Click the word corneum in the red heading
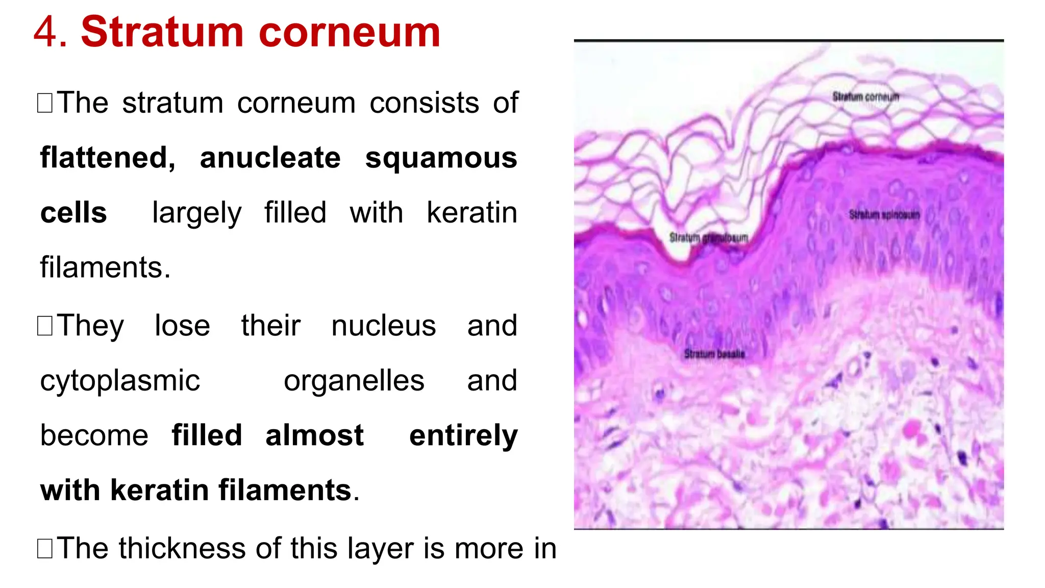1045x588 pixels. click(x=350, y=32)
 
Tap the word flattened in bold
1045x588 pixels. click(x=108, y=158)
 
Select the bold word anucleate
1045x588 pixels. click(x=270, y=158)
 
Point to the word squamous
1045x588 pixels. click(x=441, y=158)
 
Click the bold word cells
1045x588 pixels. click(x=73, y=212)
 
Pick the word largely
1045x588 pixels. click(x=196, y=213)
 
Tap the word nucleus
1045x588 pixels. click(x=384, y=326)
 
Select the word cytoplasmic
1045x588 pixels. click(x=120, y=381)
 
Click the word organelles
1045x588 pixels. click(x=354, y=381)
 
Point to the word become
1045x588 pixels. click(x=94, y=435)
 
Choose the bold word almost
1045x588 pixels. click(x=314, y=435)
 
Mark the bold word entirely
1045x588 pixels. click(x=463, y=435)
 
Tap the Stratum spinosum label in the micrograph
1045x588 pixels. click(x=884, y=215)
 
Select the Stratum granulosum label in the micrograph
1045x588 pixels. click(x=708, y=238)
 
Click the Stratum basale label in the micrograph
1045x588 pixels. click(x=714, y=354)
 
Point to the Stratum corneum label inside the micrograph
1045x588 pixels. click(x=865, y=96)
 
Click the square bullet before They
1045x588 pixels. click(x=45, y=326)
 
